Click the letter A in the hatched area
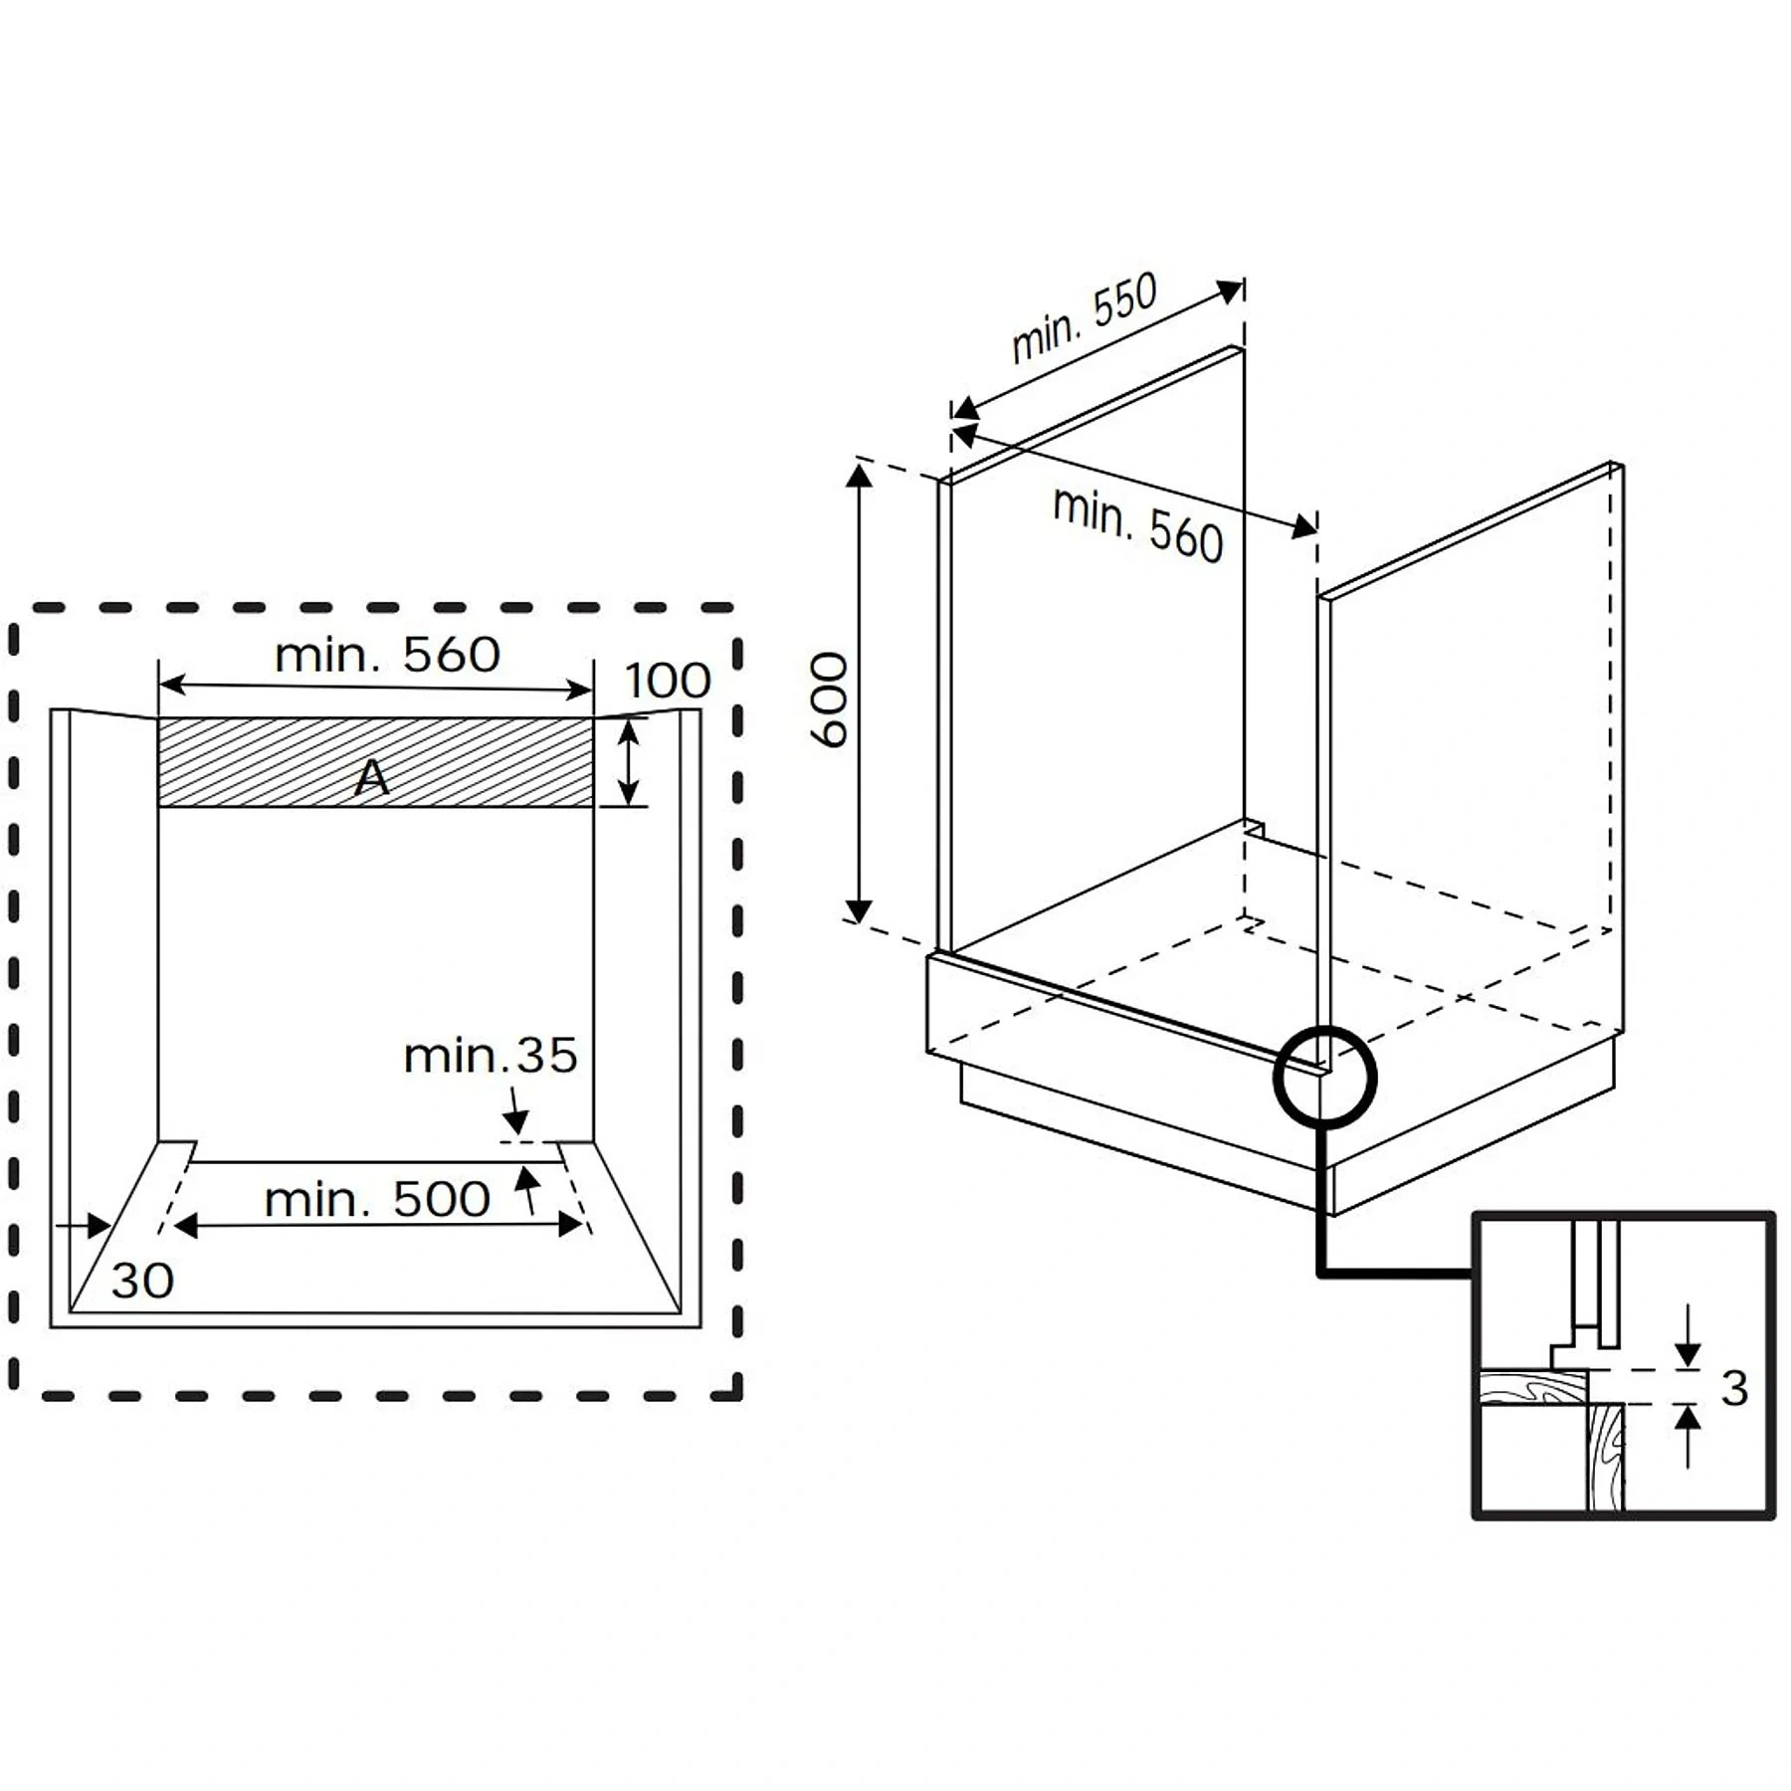(372, 777)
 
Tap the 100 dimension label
(668, 682)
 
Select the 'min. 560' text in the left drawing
(387, 655)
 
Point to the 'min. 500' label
(377, 1199)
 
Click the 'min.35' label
(491, 1055)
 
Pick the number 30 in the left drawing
(142, 1281)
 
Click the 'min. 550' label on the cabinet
(1085, 316)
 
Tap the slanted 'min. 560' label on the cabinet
(1137, 524)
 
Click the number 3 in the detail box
(1734, 1388)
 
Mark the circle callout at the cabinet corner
(1324, 1076)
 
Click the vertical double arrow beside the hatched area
(628, 762)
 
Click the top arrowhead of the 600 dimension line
(859, 476)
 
